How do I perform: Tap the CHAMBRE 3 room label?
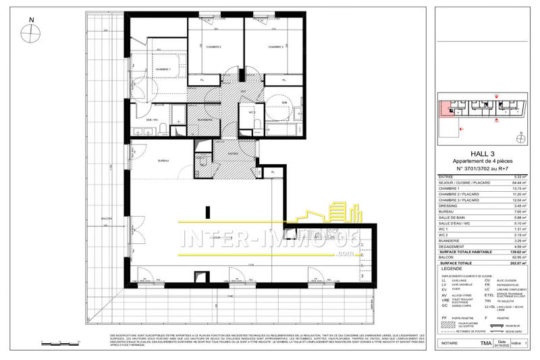coord(274,47)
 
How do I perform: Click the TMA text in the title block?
coord(486,344)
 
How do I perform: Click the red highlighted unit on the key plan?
coord(446,109)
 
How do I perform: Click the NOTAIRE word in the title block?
coord(449,344)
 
